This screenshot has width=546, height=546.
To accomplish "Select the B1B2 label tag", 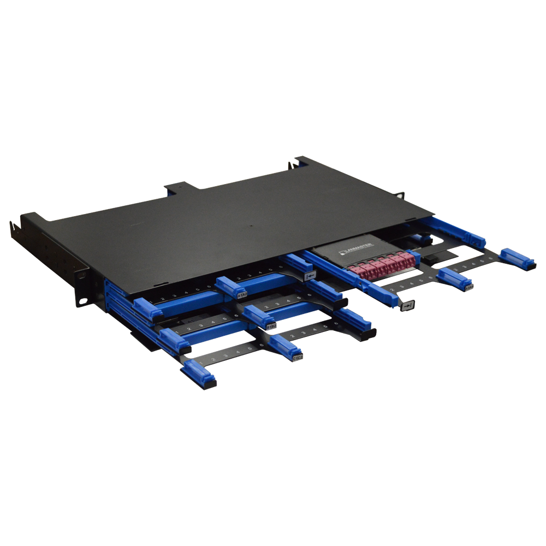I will tap(271, 326).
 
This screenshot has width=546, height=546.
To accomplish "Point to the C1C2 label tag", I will tap(298, 358).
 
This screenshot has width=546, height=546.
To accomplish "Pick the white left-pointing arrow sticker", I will tap(310, 277).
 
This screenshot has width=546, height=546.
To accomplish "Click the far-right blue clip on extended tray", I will tap(517, 258).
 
